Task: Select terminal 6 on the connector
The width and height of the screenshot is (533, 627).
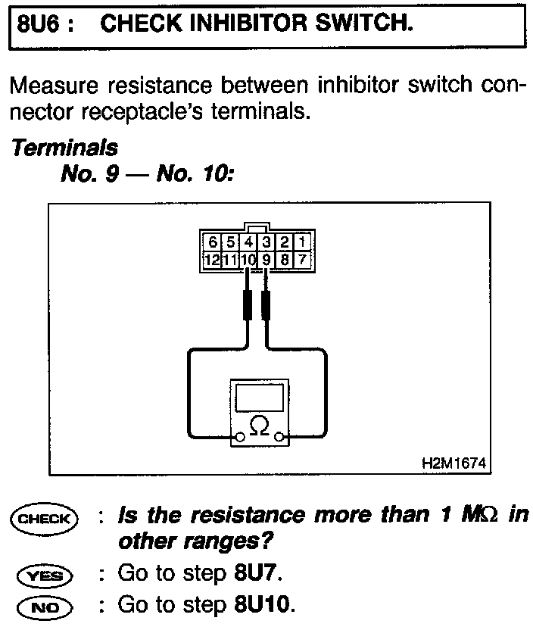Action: [x=213, y=243]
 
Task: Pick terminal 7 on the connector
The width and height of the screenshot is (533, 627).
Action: [x=301, y=260]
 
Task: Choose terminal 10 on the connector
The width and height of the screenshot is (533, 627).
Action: [x=248, y=260]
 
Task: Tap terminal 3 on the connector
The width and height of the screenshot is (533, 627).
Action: [x=266, y=243]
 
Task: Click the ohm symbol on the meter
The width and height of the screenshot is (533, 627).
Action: [x=259, y=427]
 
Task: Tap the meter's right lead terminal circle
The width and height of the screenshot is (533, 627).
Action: [x=280, y=436]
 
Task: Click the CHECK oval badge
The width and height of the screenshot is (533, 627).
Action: [x=44, y=519]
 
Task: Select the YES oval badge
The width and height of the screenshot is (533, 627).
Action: [x=44, y=576]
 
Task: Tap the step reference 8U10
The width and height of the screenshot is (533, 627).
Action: [x=261, y=607]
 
